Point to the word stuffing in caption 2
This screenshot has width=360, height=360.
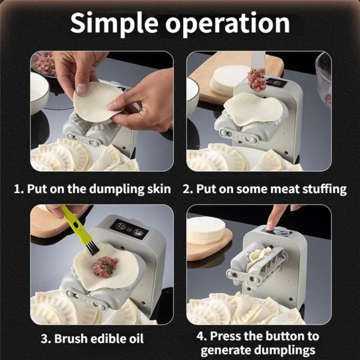[x=324, y=189]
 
